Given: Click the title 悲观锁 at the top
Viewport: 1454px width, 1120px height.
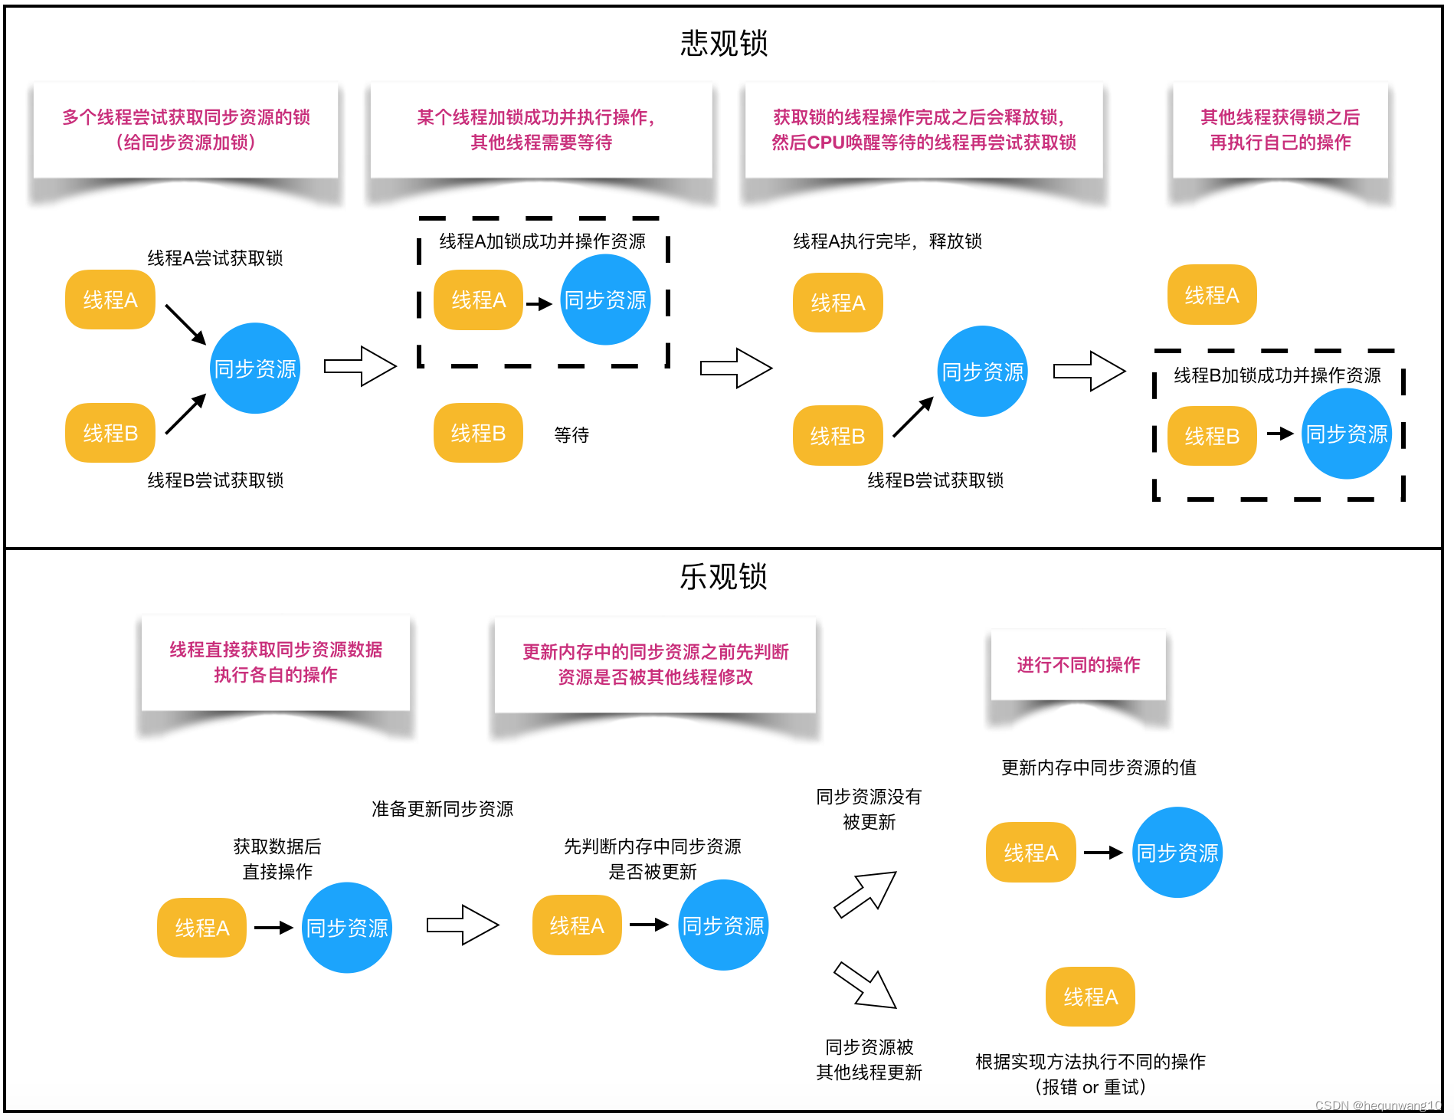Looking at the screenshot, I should click(x=723, y=43).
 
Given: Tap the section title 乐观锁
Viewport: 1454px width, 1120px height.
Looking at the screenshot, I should click(x=723, y=576).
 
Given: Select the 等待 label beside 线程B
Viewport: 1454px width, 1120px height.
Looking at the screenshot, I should click(x=571, y=435).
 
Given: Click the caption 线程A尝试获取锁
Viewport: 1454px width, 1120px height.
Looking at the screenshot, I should click(x=215, y=258).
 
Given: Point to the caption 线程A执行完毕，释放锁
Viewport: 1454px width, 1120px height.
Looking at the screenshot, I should click(x=887, y=241).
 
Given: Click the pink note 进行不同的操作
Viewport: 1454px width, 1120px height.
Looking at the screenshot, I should click(x=1078, y=665).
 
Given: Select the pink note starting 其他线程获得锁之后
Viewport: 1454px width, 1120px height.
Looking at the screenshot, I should click(x=1280, y=129).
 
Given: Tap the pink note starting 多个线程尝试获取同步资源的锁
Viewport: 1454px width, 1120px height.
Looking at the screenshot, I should click(x=186, y=129).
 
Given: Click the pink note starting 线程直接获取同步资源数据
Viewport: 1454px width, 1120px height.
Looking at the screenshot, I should click(x=276, y=662).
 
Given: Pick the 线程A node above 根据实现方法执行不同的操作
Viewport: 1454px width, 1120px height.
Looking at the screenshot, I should click(x=1090, y=997).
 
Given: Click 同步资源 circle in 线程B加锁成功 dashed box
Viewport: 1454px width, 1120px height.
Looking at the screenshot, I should click(x=1346, y=434).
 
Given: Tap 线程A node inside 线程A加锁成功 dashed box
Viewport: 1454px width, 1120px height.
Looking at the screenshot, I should click(x=479, y=300).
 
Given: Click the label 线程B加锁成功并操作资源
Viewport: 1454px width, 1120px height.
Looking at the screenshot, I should click(x=1277, y=375).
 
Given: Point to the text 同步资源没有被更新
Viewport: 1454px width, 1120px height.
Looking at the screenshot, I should click(x=869, y=809).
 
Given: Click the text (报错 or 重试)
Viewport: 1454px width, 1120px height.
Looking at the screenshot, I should click(x=1090, y=1087).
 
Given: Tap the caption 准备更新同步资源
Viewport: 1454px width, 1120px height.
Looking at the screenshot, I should click(x=442, y=809).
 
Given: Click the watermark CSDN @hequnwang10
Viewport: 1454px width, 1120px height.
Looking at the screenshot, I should click(x=1377, y=1105).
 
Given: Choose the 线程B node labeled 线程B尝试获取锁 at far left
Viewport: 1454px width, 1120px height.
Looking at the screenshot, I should click(x=110, y=433).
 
